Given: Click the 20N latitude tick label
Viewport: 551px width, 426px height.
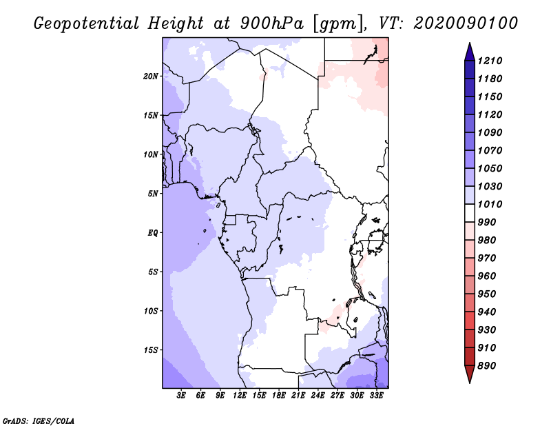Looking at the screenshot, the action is point(151,77).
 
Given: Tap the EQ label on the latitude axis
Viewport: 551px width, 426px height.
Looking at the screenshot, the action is point(153,233).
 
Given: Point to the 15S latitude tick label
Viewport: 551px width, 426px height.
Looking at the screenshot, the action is point(151,350).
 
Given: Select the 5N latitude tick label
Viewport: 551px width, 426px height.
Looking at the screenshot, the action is point(153,194).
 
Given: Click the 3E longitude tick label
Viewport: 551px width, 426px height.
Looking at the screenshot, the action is point(181,396).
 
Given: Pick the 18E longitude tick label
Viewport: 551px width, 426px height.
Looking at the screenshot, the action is point(279,396).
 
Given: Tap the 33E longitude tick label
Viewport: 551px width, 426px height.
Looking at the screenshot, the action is point(376,396).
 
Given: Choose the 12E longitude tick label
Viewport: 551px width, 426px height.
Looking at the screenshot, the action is point(240,396).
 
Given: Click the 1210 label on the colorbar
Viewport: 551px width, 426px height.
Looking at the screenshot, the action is point(490,61).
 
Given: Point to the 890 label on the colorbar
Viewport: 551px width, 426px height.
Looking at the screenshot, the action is point(487,366).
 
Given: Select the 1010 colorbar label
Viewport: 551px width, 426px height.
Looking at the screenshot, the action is point(490,204).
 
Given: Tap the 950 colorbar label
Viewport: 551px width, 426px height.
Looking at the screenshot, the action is point(487,294).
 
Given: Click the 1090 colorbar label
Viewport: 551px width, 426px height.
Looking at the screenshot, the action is point(490,132).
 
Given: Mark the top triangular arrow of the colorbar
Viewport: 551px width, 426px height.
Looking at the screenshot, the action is point(470,52).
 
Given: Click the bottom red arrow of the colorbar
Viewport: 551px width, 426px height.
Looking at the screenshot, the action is point(470,374).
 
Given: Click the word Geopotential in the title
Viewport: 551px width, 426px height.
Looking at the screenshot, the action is point(87,24).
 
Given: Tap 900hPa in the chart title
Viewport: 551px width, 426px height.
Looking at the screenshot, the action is point(271,23).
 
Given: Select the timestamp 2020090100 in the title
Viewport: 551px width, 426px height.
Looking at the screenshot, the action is point(466,23).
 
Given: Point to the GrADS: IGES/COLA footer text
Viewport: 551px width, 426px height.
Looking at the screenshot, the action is point(39,421).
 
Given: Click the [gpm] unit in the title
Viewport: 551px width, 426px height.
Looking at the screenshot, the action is point(340,24).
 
